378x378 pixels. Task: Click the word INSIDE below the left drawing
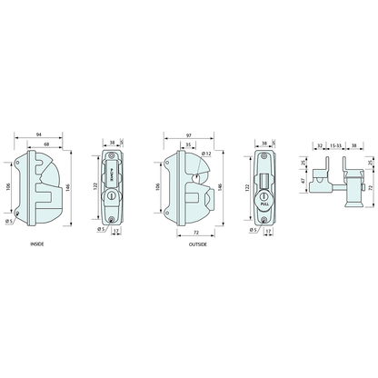point(36,244)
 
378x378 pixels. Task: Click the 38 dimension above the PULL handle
point(264,142)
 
